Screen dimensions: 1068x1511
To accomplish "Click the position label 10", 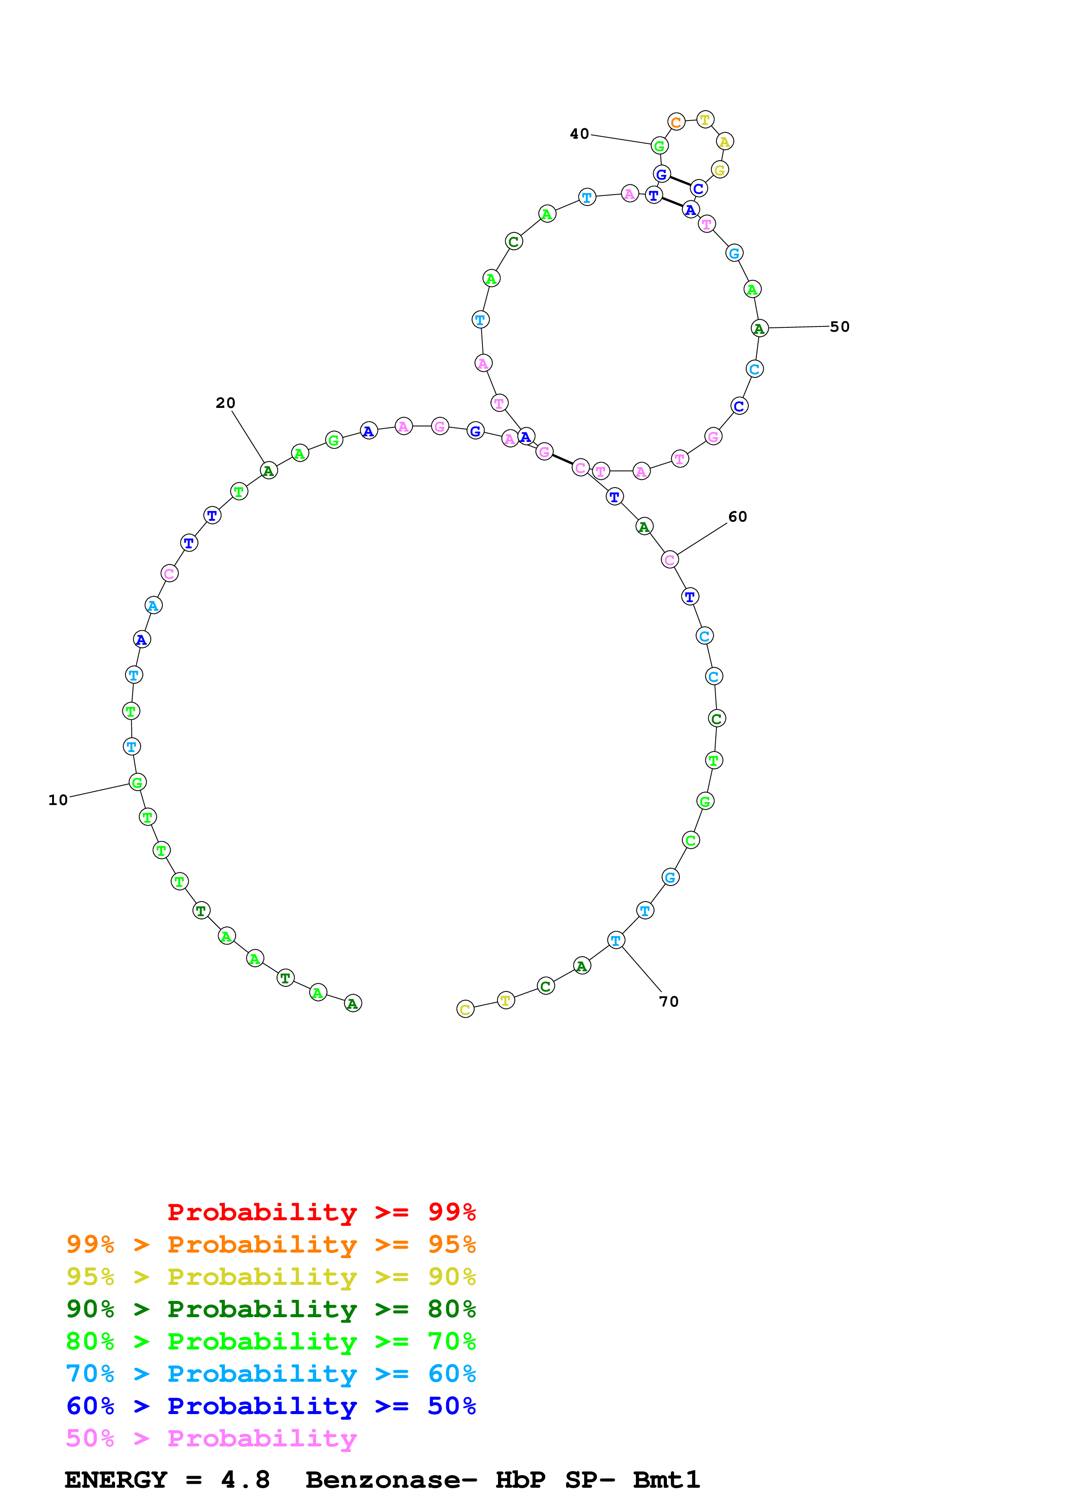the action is coord(58,800).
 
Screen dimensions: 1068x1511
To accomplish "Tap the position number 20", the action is coord(225,403).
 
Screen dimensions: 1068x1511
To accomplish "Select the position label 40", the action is coord(579,134).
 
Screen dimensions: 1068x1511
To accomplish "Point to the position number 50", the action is coord(840,326).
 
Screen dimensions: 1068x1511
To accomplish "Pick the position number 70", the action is coord(669,1001).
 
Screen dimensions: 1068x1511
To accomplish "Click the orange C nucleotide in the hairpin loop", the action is coord(676,122).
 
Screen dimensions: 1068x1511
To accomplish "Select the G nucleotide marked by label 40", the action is coord(659,146).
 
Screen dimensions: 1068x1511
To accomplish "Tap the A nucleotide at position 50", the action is coord(760,328).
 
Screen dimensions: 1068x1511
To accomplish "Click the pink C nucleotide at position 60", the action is coord(669,560).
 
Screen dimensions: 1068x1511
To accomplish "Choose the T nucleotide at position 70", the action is coord(615,940).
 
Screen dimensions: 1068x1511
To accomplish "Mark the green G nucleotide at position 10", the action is coord(137,783).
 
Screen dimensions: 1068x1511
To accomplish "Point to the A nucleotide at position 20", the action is coord(268,470).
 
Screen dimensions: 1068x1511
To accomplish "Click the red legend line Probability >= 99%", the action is coord(321,1212).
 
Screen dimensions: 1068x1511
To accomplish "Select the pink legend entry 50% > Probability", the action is coord(211,1439).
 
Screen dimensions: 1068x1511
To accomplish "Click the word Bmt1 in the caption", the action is coord(666,1480).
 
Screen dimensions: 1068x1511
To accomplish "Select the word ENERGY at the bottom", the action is coord(116,1480).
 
